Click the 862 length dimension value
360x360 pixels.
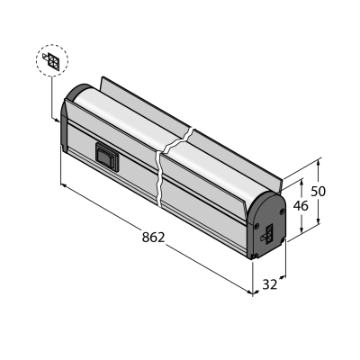[154, 238]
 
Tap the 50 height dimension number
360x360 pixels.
[318, 191]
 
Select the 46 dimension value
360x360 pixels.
[301, 206]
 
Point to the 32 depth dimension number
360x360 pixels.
[270, 284]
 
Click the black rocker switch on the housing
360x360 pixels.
[107, 157]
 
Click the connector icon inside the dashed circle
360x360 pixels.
[52, 60]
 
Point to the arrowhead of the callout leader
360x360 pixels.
[58, 120]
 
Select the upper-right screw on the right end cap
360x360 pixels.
[282, 211]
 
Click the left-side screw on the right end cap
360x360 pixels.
[256, 225]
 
